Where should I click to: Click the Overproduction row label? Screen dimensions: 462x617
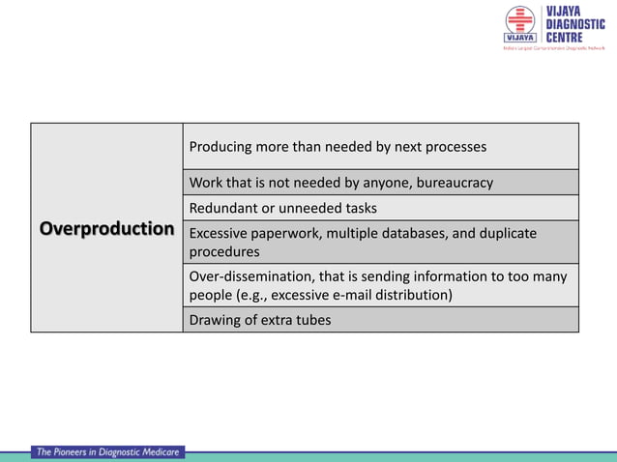tap(106, 229)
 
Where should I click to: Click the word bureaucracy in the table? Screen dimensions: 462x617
tap(455, 182)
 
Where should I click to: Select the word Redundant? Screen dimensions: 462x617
tap(222, 208)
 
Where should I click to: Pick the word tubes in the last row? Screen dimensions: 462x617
tap(310, 320)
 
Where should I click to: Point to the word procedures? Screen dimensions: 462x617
tap(224, 251)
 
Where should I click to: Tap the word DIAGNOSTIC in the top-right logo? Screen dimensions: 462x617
tap(576, 24)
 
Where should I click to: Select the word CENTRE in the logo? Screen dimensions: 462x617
tap(563, 37)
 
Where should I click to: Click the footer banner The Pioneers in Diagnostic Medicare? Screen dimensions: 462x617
tap(107, 452)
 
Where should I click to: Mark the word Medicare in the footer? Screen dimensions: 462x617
tap(154, 452)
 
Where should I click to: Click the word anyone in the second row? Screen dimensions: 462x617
tap(382, 182)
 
